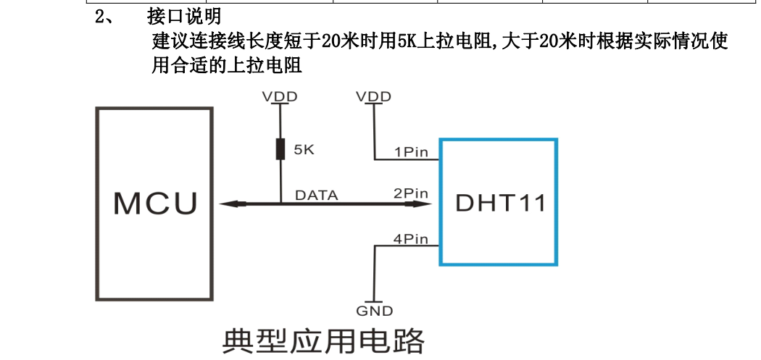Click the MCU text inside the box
155,204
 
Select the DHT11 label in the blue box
501,204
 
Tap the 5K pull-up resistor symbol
280,150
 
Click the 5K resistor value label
303,151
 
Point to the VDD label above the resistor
280,96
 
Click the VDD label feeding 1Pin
374,96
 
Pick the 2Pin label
411,194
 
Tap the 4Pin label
411,239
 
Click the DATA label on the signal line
316,195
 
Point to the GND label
374,311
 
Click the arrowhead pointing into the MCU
227,204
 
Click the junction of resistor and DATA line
280,204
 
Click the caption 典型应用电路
323,340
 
